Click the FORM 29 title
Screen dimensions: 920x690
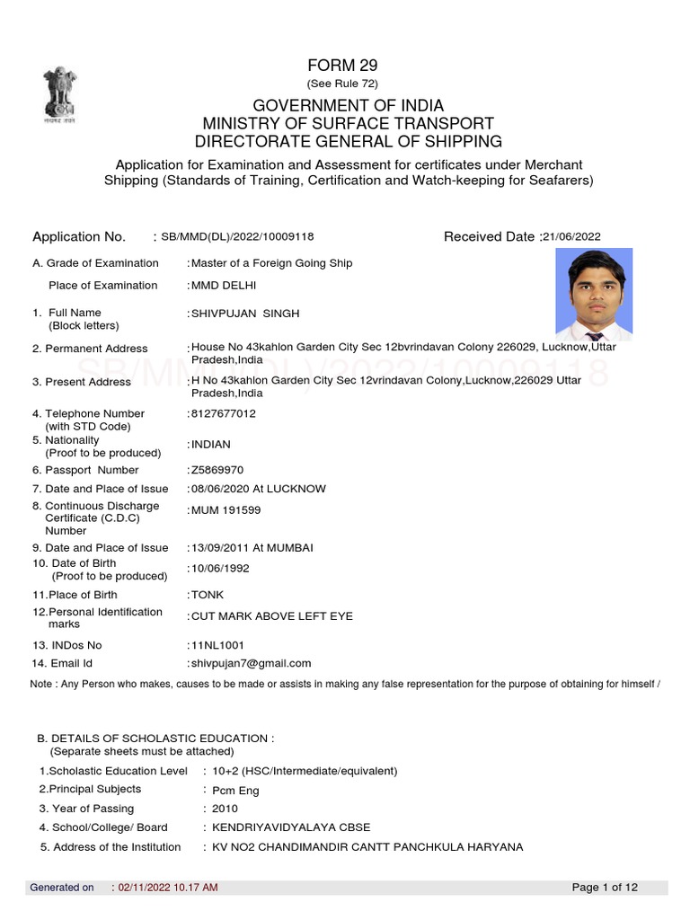coord(342,65)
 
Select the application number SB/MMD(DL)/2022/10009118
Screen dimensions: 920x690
coord(237,237)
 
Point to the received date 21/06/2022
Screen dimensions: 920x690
coord(572,237)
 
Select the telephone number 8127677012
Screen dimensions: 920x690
coord(224,414)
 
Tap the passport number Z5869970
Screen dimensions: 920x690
coord(217,470)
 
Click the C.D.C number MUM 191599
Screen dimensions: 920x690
coord(226,510)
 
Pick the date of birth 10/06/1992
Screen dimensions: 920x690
coord(220,569)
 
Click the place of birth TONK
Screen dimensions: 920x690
coord(208,595)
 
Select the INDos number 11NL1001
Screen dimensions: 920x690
coord(217,645)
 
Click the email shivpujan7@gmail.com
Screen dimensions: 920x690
coord(251,664)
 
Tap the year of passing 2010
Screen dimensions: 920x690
coord(226,809)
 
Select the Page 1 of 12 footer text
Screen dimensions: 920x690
coord(605,888)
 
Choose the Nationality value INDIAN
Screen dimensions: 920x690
coord(211,445)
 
